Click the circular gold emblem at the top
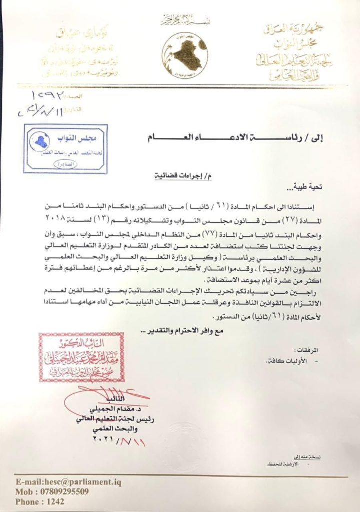178,51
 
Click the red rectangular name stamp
82,357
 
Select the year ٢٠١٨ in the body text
53,222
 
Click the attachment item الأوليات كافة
286,360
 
